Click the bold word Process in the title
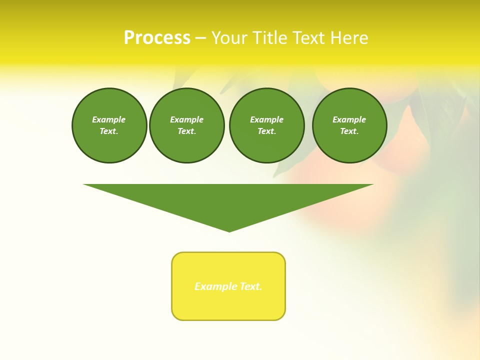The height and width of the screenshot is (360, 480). click(x=157, y=38)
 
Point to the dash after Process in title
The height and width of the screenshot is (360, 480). click(x=200, y=38)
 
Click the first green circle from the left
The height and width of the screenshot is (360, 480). click(x=109, y=125)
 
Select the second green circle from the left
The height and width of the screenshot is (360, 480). click(x=186, y=125)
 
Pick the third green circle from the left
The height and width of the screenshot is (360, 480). click(x=266, y=125)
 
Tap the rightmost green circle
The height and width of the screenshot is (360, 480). click(x=349, y=125)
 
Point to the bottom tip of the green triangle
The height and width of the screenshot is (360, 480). click(x=229, y=230)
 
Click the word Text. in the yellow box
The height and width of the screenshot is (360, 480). click(x=251, y=286)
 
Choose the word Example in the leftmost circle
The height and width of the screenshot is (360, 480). click(x=109, y=119)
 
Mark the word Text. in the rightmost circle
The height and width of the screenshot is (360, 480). click(x=349, y=131)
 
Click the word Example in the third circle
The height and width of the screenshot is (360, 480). click(x=266, y=119)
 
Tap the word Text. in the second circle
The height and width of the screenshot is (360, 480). click(x=186, y=131)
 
